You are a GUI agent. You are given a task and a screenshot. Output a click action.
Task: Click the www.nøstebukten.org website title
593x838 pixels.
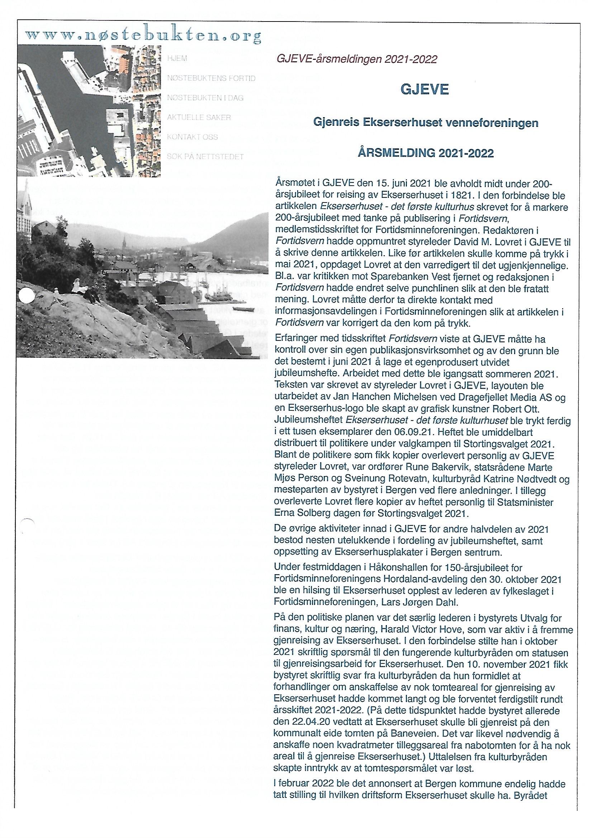(x=143, y=36)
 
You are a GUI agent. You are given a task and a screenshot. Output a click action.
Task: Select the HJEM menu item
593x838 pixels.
(x=177, y=59)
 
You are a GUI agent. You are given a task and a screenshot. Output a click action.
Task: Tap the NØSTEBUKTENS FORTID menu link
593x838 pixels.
(x=211, y=78)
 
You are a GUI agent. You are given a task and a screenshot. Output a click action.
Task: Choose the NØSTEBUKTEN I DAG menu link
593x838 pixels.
(x=205, y=98)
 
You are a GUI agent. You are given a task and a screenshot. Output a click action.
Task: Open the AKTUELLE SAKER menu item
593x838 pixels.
(x=199, y=118)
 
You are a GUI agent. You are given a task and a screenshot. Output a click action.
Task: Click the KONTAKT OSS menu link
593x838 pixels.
(x=193, y=137)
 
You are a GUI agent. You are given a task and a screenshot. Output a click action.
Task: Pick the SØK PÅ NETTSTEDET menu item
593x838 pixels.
(x=205, y=157)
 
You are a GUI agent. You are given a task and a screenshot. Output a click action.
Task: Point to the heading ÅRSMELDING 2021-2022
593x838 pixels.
(x=426, y=153)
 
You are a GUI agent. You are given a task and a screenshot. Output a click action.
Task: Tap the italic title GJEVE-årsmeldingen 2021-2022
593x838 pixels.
(x=357, y=59)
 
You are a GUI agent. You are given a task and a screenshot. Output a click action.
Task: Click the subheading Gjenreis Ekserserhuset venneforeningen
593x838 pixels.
(x=426, y=123)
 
